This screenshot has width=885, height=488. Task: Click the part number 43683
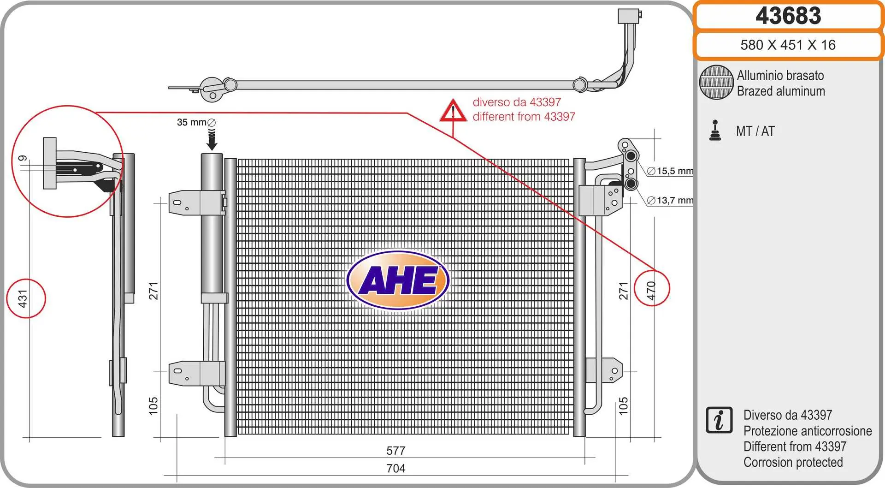788,16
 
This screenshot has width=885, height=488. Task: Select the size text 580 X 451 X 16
788,45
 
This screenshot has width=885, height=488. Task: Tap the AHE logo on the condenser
398,280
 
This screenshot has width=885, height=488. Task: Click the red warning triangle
453,111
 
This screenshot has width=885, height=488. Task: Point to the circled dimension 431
23,298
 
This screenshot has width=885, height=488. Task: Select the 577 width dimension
396,451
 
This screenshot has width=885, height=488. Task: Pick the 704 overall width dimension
396,469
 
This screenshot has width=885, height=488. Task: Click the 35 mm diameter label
196,122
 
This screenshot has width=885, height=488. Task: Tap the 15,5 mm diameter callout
670,171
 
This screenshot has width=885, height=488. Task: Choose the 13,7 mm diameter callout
670,201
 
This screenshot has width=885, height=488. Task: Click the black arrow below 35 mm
212,140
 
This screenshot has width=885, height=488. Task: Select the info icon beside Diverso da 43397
719,420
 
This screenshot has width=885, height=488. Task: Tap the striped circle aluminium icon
716,82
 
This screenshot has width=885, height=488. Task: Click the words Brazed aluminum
781,91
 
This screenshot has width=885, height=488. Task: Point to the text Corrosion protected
793,462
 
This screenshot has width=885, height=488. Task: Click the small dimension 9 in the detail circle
22,159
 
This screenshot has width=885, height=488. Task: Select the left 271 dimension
153,291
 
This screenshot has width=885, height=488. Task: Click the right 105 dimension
623,406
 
